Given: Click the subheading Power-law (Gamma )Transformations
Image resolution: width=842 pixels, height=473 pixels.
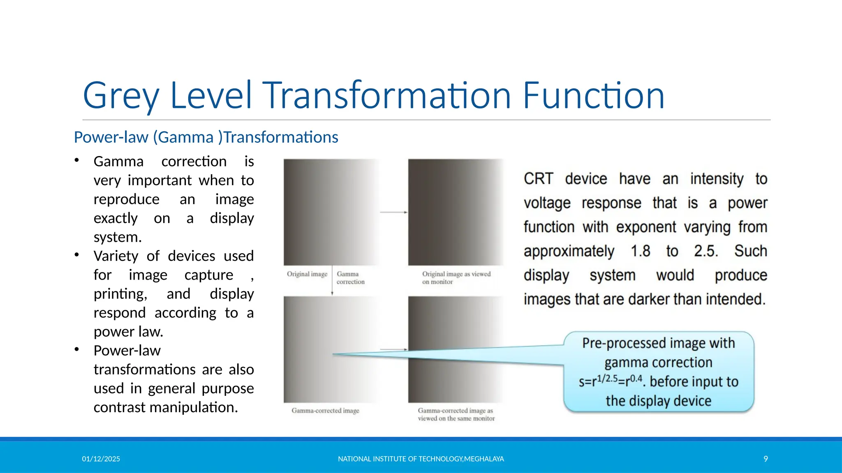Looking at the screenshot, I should click(206, 137).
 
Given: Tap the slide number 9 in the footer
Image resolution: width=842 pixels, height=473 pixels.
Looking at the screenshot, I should click(766, 459).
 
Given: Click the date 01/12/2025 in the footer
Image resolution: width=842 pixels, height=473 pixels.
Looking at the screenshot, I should click(101, 459).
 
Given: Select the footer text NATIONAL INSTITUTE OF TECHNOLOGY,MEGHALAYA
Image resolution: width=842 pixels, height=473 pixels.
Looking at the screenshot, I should click(421, 459).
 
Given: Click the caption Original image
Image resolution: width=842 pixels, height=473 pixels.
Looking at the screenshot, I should click(307, 274).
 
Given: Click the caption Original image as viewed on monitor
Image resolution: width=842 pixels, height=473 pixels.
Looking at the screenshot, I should click(456, 278).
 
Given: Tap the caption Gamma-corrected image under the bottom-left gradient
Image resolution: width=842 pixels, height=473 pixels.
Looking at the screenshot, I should click(325, 411).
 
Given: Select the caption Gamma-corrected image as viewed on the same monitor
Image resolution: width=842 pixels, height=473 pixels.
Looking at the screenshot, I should click(456, 415).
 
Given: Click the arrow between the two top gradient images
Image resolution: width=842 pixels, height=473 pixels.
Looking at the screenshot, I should click(393, 212).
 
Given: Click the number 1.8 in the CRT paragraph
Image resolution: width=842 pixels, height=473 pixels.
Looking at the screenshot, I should click(640, 251).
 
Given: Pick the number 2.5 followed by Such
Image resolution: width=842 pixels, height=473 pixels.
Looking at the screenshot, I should click(706, 251).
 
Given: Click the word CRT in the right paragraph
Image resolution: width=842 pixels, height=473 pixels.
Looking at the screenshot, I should click(538, 179).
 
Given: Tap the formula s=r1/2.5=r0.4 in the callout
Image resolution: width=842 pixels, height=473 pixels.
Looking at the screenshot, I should click(610, 381).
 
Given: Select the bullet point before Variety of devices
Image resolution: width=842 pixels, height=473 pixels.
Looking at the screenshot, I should click(77, 255).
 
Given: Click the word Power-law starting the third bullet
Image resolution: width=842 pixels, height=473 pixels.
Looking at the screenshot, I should click(127, 351).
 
